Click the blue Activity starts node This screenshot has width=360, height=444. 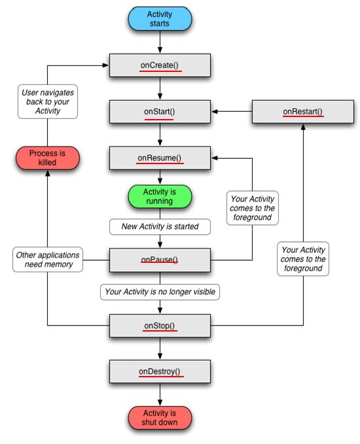[x=160, y=19]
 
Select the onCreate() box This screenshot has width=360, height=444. [x=160, y=65]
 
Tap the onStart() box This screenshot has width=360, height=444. [x=160, y=112]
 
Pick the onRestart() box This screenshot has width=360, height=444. [x=303, y=112]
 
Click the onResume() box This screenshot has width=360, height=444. [x=160, y=158]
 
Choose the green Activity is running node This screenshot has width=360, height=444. [x=160, y=197]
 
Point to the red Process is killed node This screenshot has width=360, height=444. [x=48, y=158]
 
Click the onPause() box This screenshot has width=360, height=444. [x=160, y=260]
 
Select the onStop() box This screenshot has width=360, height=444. [x=160, y=326]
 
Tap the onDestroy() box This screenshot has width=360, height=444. [x=160, y=371]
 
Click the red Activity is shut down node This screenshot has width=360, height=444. [x=160, y=418]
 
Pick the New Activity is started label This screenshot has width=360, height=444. [x=160, y=226]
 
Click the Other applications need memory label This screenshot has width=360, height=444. [x=48, y=260]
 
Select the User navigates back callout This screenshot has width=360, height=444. [x=48, y=101]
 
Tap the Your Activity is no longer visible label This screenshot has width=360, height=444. [x=160, y=292]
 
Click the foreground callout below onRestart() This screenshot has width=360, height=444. [x=303, y=259]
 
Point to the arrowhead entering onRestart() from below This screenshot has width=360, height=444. [x=303, y=127]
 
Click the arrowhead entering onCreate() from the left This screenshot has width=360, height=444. [x=105, y=65]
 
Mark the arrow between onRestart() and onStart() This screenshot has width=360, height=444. [x=232, y=112]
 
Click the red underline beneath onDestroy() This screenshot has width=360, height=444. [x=161, y=377]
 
